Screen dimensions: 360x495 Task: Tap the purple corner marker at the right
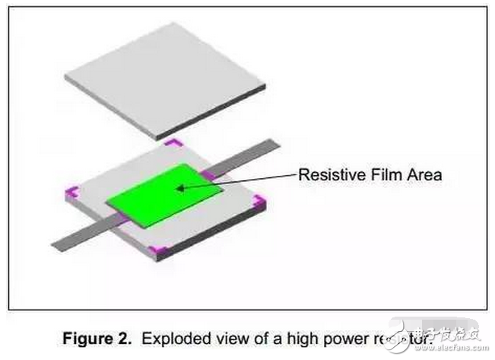(x=259, y=202)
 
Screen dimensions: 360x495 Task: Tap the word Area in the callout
(x=422, y=175)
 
